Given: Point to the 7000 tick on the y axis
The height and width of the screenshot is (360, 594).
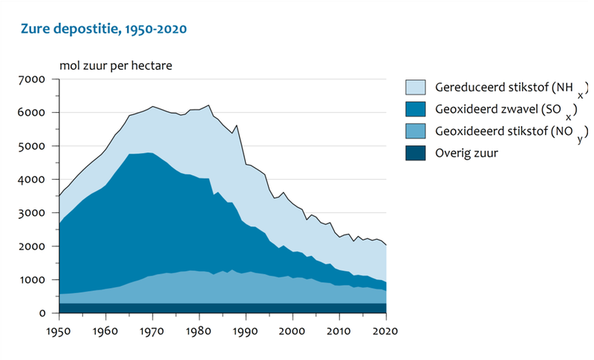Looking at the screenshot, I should click(x=34, y=79).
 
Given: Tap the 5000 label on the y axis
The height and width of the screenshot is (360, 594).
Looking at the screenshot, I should click(x=34, y=146).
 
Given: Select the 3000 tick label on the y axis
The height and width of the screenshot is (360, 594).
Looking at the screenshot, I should click(x=34, y=213).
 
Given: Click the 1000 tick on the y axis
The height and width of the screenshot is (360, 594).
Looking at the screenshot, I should click(x=34, y=280).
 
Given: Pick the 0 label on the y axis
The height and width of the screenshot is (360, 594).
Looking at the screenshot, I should click(x=43, y=313).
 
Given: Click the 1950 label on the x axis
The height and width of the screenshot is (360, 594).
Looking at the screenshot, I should click(x=59, y=330).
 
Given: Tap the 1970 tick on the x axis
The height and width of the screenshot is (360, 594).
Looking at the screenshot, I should click(x=152, y=330).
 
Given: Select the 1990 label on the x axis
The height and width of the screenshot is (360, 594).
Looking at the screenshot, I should click(x=246, y=330).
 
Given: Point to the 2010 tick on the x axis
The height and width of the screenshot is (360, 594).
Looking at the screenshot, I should click(x=339, y=330).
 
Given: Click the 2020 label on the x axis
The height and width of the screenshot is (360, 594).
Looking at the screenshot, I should click(x=386, y=330).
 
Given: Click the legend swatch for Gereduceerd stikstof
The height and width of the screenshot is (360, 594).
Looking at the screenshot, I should click(x=416, y=87).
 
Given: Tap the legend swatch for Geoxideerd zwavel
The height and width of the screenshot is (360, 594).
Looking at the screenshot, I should click(x=416, y=109).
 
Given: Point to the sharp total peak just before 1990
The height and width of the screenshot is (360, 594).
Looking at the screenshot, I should click(x=237, y=125).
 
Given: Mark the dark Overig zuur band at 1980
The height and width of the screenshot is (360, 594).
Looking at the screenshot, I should click(x=199, y=308).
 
